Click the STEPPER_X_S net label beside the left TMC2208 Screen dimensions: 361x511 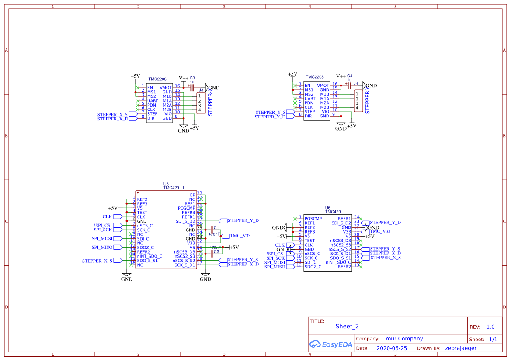tap(112, 115)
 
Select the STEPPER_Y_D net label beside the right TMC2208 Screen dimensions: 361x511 tap(270, 117)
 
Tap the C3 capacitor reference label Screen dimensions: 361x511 tap(192, 78)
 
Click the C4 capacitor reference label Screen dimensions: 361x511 tap(350, 76)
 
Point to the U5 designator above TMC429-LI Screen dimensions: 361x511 tap(166, 184)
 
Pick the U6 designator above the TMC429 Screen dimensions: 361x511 tap(328, 208)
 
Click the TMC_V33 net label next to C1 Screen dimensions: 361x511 tap(240, 236)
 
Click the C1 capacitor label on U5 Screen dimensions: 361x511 tap(216, 228)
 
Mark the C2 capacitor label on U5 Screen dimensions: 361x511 tap(216, 252)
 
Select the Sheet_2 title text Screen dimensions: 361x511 tap(347, 326)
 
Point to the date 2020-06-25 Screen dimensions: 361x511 tap(392, 348)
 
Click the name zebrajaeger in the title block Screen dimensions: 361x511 tap(461, 348)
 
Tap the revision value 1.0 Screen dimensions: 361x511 tap(490, 327)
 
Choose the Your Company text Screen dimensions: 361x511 tap(404, 339)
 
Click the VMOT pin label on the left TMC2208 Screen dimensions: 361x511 tap(166, 88)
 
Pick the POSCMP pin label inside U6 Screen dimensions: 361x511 tap(313, 218)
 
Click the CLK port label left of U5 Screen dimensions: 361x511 tap(107, 217)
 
